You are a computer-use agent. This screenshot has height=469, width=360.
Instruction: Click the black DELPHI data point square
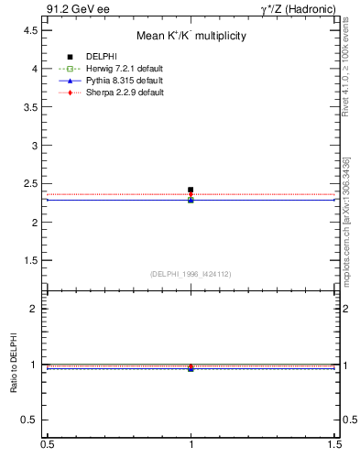pos(191,190)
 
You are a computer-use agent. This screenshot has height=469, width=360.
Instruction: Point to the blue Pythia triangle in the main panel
pos(191,199)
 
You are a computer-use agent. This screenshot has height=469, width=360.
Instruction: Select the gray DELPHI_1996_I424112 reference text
pos(191,273)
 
